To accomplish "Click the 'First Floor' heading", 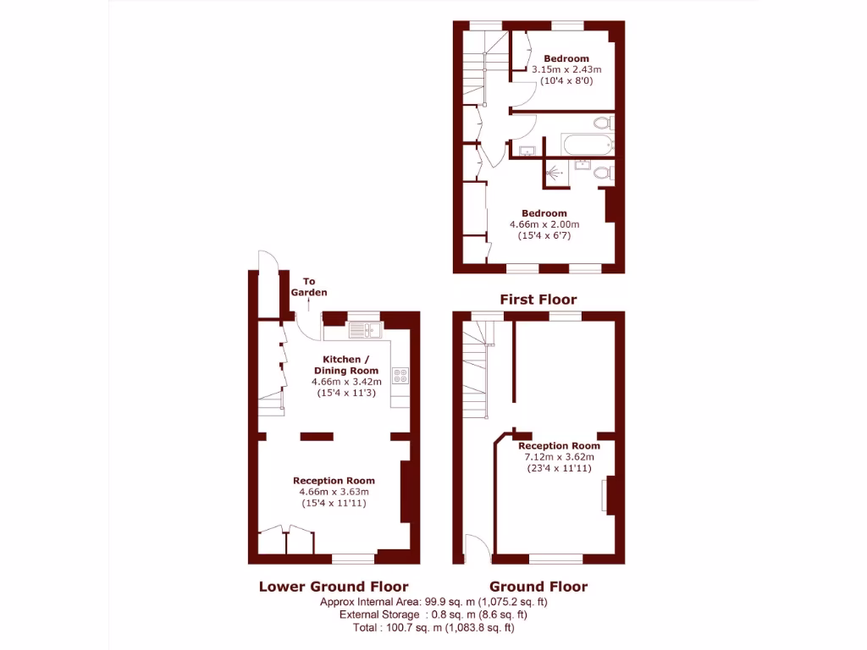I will pyautogui.click(x=538, y=299).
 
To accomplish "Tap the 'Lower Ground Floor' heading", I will pyautogui.click(x=333, y=586).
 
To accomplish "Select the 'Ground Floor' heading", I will pyautogui.click(x=538, y=586).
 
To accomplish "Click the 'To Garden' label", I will pyautogui.click(x=309, y=287).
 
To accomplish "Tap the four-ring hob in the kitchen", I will pyautogui.click(x=400, y=374).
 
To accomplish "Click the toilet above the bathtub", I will pyautogui.click(x=603, y=124).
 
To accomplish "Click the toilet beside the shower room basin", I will pyautogui.click(x=603, y=174).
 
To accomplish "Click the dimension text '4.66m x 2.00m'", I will pyautogui.click(x=544, y=224).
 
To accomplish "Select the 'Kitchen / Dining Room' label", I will pyautogui.click(x=346, y=365).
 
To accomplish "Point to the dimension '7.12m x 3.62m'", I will pyautogui.click(x=559, y=457).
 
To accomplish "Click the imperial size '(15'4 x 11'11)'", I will pyautogui.click(x=333, y=503).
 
